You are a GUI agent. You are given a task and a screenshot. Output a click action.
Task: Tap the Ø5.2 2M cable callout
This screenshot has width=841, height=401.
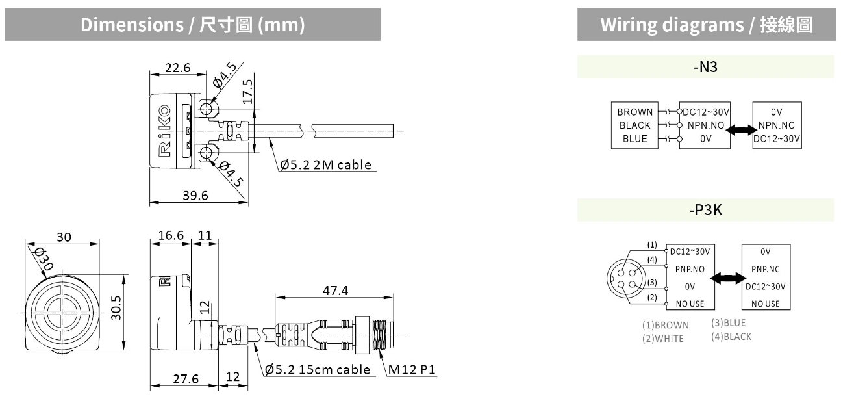327,164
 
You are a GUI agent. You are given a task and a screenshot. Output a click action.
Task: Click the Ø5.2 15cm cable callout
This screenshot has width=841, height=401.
319,370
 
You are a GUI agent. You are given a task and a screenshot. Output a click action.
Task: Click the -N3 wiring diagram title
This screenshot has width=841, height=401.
705,67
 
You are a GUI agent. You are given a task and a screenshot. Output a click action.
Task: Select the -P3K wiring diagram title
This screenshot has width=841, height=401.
705,211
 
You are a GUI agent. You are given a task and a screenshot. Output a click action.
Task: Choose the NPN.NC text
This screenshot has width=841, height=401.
777,125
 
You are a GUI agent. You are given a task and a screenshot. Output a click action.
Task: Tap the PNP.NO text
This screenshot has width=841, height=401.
689,268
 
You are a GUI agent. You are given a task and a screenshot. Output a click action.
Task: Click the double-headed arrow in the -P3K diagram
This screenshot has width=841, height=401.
727,278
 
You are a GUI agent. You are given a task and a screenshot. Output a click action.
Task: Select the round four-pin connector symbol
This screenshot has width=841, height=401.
625,278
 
